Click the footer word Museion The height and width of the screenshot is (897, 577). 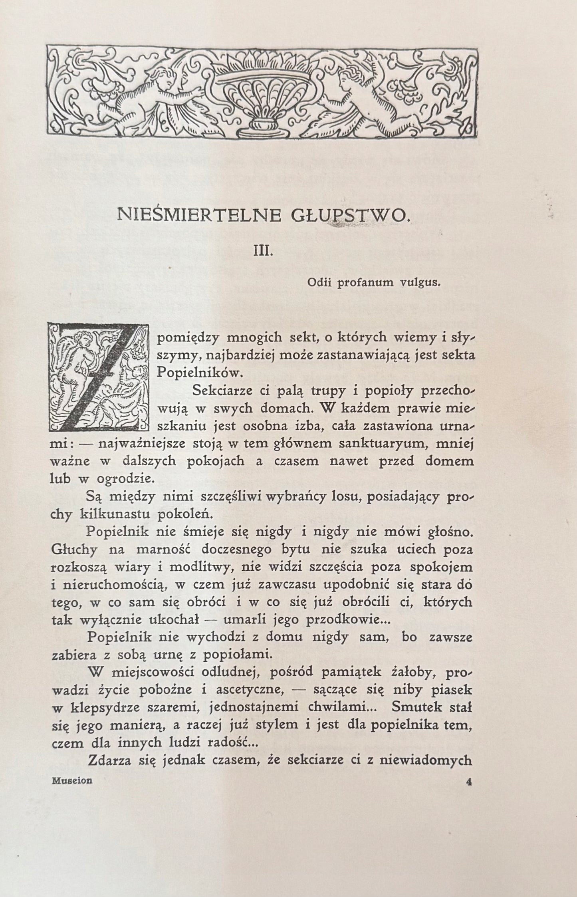pyautogui.click(x=72, y=781)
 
